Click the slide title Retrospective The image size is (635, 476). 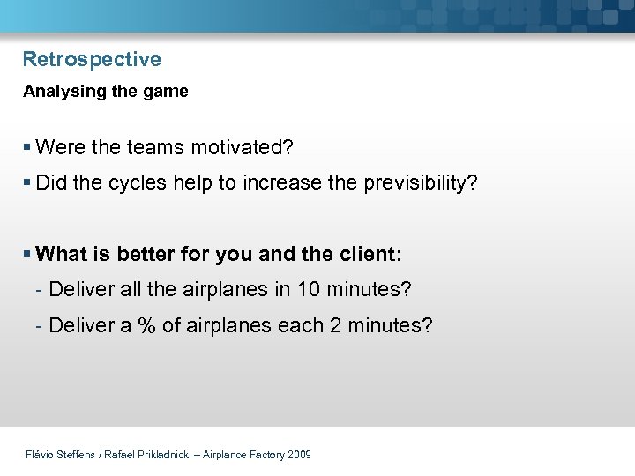pyautogui.click(x=92, y=60)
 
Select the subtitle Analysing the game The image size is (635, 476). pyautogui.click(x=105, y=92)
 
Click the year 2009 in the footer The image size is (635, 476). pyautogui.click(x=299, y=455)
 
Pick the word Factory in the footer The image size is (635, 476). pyautogui.click(x=266, y=455)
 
